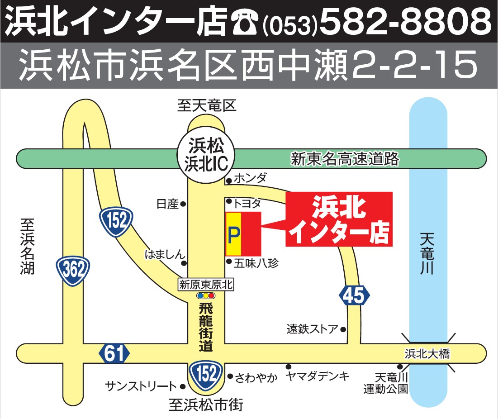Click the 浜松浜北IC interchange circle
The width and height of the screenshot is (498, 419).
point(207,154)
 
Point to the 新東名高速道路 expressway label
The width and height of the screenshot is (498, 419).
point(345,159)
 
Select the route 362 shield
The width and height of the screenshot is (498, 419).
point(73,271)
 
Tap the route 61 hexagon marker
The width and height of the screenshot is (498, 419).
point(114,353)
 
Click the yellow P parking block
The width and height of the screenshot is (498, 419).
point(233,233)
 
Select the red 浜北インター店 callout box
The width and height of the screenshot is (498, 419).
point(339,219)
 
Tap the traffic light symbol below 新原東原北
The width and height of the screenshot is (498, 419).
point(206,295)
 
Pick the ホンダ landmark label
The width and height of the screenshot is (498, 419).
point(250,178)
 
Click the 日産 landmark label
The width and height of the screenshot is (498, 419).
point(168,205)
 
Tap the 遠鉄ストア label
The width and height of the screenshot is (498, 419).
point(312,329)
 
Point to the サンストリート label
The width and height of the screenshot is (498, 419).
point(141,386)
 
